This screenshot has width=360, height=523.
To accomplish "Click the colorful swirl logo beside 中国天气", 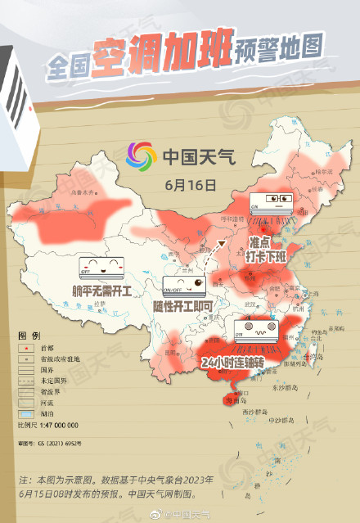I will [141, 155].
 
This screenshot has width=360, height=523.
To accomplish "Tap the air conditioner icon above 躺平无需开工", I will [101, 266].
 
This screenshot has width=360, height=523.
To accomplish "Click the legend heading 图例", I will [29, 336].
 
